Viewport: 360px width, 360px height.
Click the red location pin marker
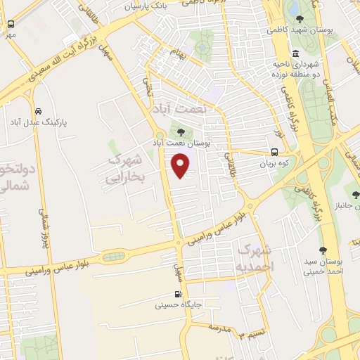(181, 166)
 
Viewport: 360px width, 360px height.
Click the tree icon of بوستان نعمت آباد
(181, 131)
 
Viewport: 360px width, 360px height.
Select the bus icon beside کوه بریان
(274, 151)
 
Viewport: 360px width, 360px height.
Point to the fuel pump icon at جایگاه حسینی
(177, 295)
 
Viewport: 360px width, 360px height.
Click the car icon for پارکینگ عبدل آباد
(37, 110)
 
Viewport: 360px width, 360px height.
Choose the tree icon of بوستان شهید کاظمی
(300, 19)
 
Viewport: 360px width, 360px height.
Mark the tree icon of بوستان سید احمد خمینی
(323, 250)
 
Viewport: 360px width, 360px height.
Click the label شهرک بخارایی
(125, 169)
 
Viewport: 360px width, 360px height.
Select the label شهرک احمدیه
(253, 258)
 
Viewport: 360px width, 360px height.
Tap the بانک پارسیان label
(148, 6)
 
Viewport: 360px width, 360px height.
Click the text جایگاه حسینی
(179, 306)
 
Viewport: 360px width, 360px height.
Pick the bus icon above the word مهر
(11, 24)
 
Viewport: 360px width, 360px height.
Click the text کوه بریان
(274, 162)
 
